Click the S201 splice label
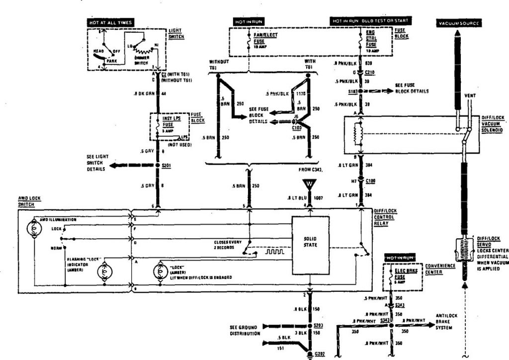tap(166, 166)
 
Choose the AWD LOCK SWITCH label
tap(29, 201)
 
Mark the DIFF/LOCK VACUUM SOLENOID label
tap(493, 123)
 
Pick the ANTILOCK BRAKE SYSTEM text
tap(446, 321)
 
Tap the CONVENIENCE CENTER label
tap(440, 268)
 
